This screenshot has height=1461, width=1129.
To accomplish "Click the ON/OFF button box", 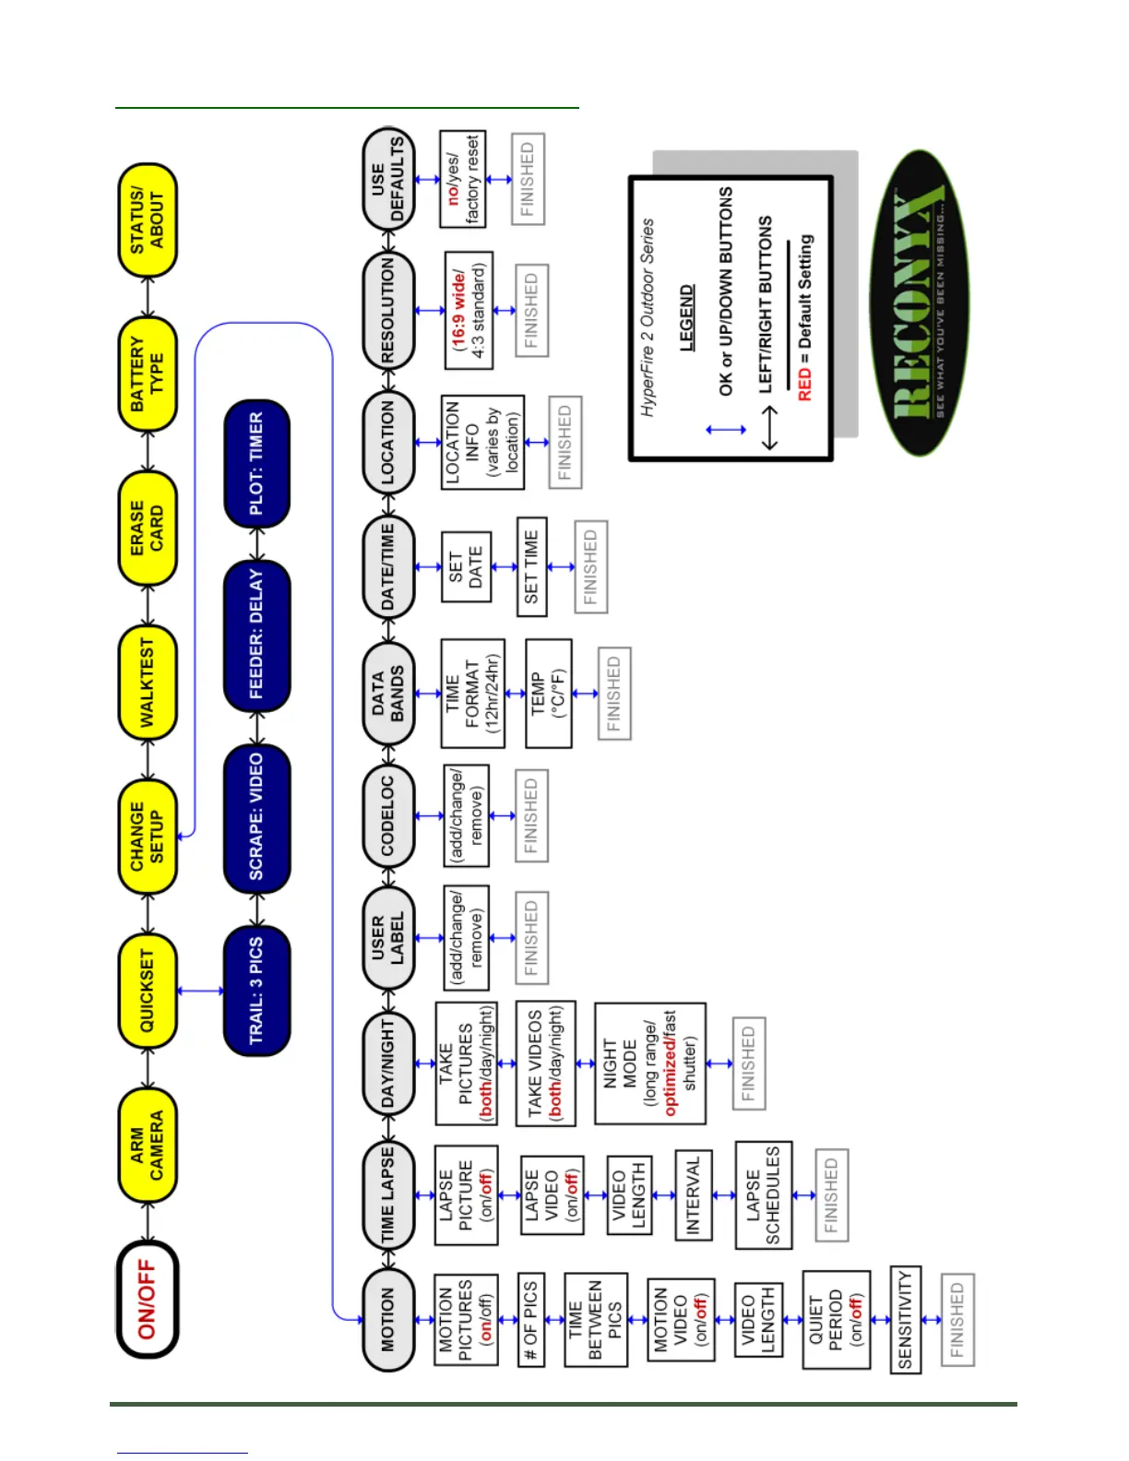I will pyautogui.click(x=148, y=1300).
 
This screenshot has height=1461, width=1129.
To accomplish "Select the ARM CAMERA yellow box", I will pyautogui.click(x=148, y=1145).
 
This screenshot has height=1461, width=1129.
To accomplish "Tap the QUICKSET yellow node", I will pyautogui.click(x=148, y=991).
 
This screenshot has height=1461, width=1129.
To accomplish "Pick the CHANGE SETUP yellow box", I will pyautogui.click(x=148, y=837).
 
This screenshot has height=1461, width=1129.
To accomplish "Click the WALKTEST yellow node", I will pyautogui.click(x=148, y=683).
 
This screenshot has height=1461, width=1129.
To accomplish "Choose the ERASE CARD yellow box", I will pyautogui.click(x=148, y=528).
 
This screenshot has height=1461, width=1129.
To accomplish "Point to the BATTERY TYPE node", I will pyautogui.click(x=148, y=374).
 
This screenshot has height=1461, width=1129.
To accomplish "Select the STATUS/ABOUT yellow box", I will pyautogui.click(x=148, y=220).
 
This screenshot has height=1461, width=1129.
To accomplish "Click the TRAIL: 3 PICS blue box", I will pyautogui.click(x=256, y=991).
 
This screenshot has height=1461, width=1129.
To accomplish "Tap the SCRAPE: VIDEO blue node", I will pyautogui.click(x=256, y=817).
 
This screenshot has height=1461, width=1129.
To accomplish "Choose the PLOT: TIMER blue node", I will pyautogui.click(x=256, y=463).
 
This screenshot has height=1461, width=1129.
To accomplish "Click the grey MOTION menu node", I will pyautogui.click(x=388, y=1320).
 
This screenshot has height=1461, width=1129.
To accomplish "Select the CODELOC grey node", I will pyautogui.click(x=388, y=815).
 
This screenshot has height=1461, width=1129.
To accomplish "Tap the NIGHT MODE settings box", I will pyautogui.click(x=650, y=1063).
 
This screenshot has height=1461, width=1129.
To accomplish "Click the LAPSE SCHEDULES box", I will pyautogui.click(x=763, y=1195).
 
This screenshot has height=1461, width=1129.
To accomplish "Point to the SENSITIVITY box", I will pyautogui.click(x=905, y=1320).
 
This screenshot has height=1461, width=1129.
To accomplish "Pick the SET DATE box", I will pyautogui.click(x=465, y=566).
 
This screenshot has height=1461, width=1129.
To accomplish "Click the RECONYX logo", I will pyautogui.click(x=919, y=303).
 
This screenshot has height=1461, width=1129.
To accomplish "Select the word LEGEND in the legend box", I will pyautogui.click(x=686, y=318).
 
